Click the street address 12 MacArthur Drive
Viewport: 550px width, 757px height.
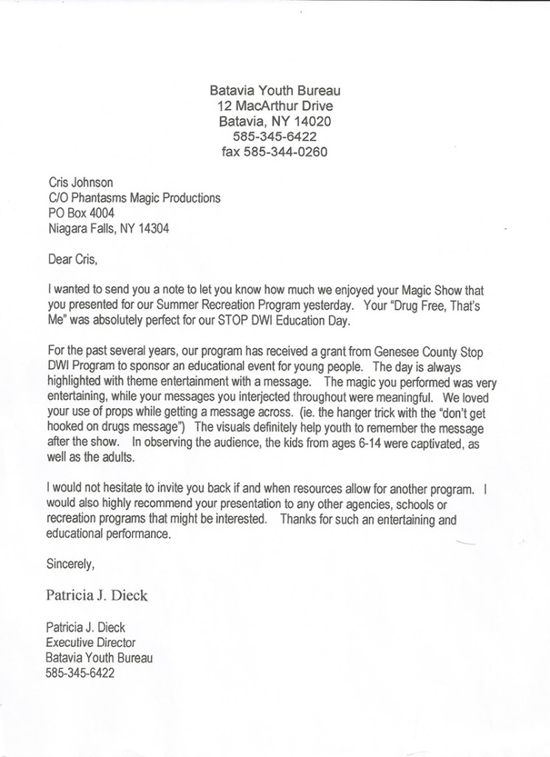pos(275,106)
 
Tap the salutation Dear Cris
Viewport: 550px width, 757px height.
pos(72,259)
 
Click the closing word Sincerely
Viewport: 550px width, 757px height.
pos(71,566)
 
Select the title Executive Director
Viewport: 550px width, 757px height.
pos(91,642)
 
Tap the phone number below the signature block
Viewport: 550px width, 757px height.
pos(80,673)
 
